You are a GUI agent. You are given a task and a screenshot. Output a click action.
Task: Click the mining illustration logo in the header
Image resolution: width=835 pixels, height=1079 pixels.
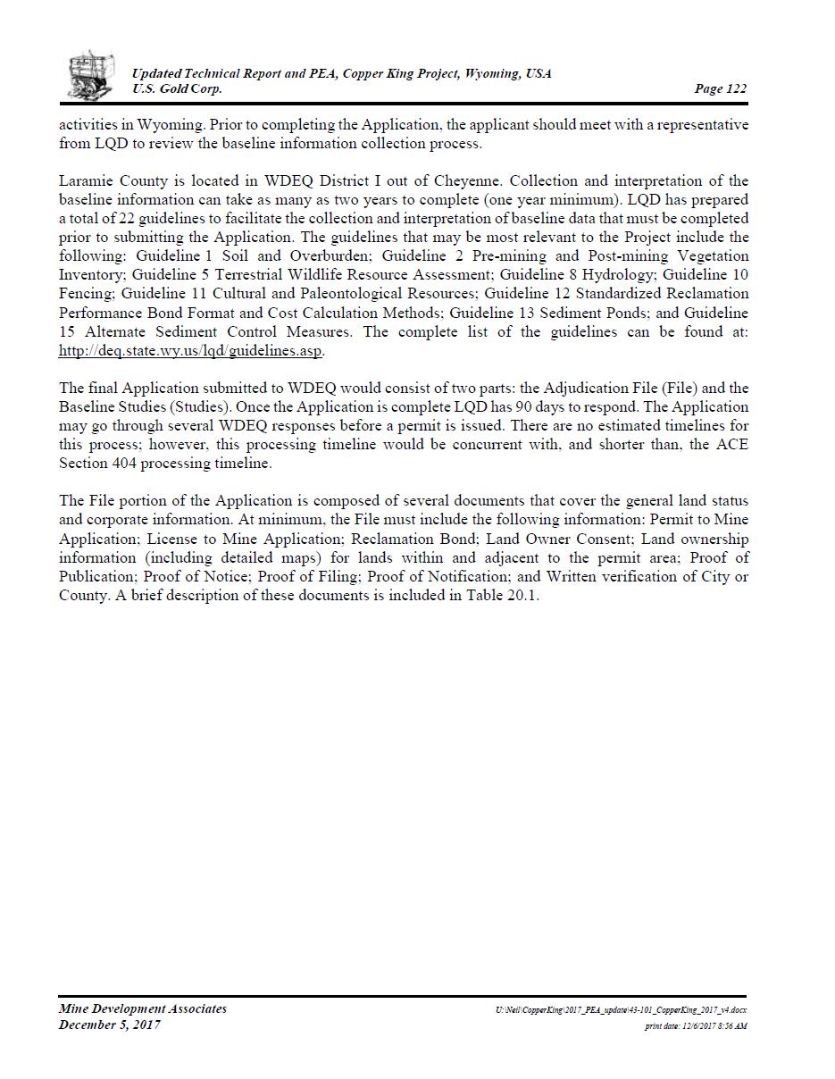(x=90, y=75)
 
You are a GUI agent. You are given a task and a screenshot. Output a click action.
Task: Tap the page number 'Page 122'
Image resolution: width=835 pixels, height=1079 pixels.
(x=720, y=88)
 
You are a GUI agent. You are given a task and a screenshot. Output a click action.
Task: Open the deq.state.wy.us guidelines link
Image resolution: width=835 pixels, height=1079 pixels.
(x=190, y=350)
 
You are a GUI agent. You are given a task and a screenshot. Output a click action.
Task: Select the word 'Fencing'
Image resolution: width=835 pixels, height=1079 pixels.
(x=86, y=294)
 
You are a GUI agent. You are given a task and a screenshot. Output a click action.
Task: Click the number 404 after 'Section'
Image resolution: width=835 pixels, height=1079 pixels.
(x=124, y=464)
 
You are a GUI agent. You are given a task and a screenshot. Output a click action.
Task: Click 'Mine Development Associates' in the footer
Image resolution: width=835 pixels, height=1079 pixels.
(x=143, y=1009)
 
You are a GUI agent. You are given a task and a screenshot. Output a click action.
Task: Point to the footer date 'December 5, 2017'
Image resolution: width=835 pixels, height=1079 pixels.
(x=110, y=1025)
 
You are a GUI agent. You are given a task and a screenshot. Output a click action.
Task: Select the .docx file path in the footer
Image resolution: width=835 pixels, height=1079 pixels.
(x=622, y=1010)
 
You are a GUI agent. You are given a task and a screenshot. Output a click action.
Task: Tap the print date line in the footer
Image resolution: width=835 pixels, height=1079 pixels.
(x=696, y=1026)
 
